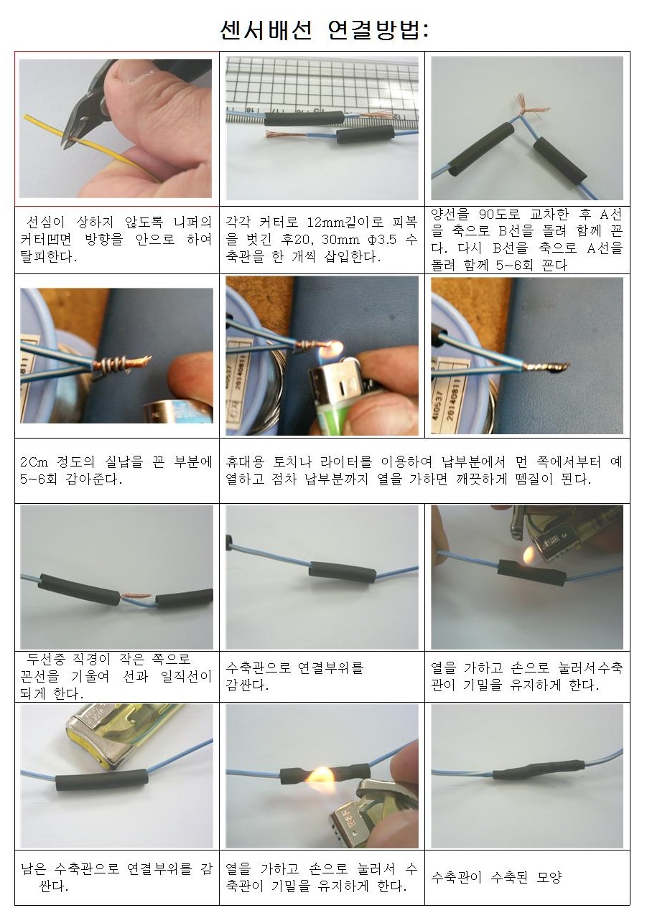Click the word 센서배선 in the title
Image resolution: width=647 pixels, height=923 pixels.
coord(266,29)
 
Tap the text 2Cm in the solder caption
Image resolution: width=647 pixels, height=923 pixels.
coord(34,461)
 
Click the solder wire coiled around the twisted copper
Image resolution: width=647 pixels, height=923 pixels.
coord(109,365)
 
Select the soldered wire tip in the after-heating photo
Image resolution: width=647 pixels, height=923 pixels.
coord(546,366)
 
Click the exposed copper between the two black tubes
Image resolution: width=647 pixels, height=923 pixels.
coord(136,595)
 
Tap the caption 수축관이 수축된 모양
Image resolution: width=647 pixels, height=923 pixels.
coord(496,877)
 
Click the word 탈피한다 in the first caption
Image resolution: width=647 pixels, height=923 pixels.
coord(48,256)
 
